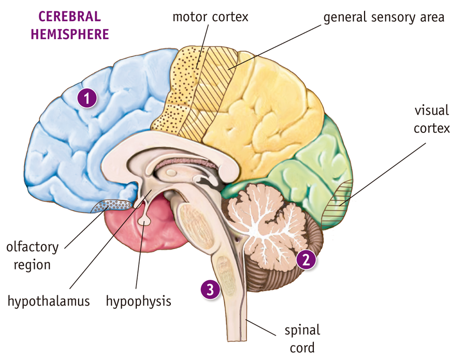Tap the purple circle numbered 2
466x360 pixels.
[305, 259]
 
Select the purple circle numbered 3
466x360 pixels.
[210, 290]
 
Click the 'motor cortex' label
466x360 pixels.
[210, 17]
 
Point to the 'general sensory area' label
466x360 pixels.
[384, 17]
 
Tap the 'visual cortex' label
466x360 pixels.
[432, 119]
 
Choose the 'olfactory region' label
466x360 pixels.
[32, 256]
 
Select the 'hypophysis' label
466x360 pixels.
[138, 301]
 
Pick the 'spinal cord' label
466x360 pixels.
[302, 338]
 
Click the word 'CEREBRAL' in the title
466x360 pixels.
[69, 16]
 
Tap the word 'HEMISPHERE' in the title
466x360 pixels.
[69, 34]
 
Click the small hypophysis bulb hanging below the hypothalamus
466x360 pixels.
[144, 220]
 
